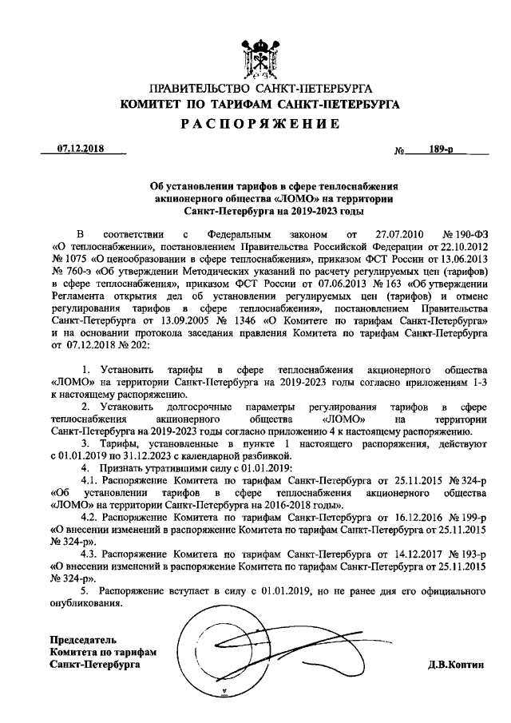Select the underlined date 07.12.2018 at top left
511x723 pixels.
click(x=81, y=149)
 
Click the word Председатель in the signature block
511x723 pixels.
click(x=83, y=641)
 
